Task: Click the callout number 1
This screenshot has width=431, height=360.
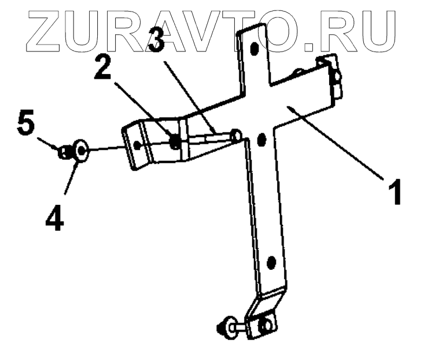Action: click(x=395, y=192)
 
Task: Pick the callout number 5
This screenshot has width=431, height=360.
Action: click(x=25, y=124)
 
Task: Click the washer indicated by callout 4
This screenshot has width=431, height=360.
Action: click(x=80, y=152)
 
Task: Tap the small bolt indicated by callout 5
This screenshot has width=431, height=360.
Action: click(x=64, y=152)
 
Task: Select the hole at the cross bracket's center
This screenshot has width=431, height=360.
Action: click(x=260, y=139)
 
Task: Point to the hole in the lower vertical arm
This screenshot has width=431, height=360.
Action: click(x=270, y=265)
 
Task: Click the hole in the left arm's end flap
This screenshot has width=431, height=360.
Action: click(x=137, y=144)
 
